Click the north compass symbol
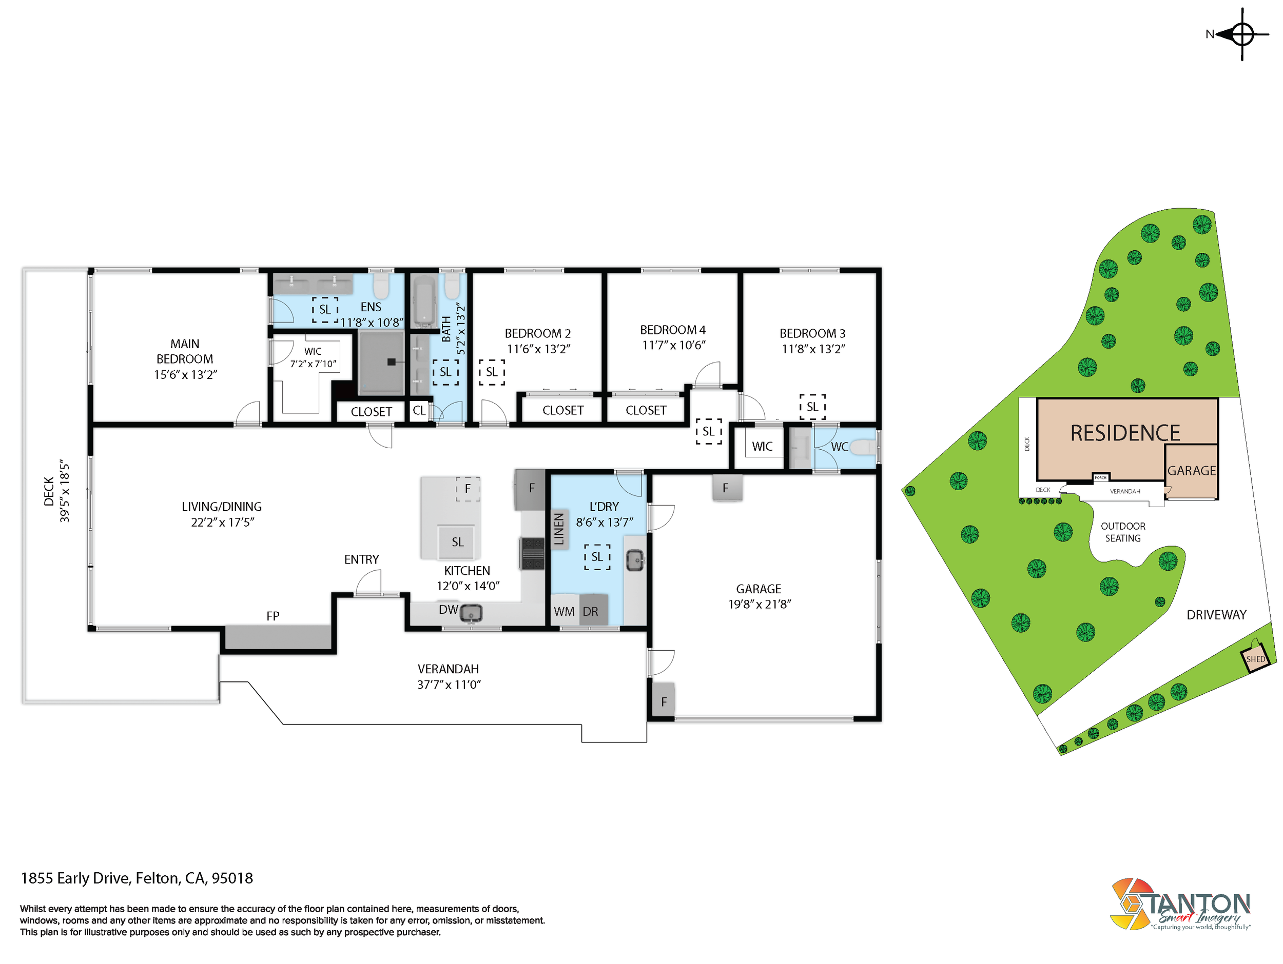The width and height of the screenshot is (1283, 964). click(1241, 34)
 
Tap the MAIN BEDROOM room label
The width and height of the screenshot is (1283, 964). click(185, 351)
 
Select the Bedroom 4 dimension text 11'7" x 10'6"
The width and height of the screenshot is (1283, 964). click(673, 345)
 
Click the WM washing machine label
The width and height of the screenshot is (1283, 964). click(564, 612)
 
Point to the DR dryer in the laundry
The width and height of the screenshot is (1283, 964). click(592, 609)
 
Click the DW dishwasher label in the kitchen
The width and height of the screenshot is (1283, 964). click(449, 609)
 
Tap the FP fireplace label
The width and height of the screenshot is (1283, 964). click(273, 616)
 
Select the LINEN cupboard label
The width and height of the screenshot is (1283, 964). click(558, 529)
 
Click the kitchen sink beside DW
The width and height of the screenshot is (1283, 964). click(472, 613)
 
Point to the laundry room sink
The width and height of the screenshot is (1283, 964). click(636, 560)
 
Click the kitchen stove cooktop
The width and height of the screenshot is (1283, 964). click(531, 554)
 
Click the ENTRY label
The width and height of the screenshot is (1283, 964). click(361, 559)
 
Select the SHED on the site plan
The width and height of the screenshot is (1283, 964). click(1256, 659)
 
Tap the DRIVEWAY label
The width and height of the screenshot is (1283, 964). click(1216, 614)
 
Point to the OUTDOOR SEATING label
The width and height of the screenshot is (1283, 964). click(1123, 532)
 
